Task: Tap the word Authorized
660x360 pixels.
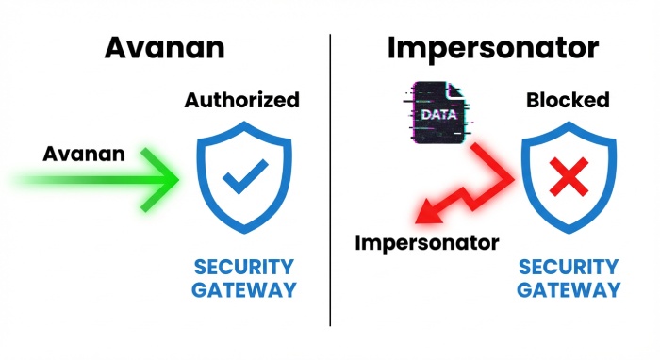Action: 241,100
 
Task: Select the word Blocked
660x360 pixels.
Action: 569,100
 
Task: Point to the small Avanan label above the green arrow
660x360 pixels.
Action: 83,153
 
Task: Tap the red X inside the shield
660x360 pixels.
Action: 569,175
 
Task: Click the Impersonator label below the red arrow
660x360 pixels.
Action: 426,243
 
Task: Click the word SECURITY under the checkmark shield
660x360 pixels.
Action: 243,267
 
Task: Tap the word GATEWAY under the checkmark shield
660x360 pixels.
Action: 243,289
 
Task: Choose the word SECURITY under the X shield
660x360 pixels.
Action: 569,267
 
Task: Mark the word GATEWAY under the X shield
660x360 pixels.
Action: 569,289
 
